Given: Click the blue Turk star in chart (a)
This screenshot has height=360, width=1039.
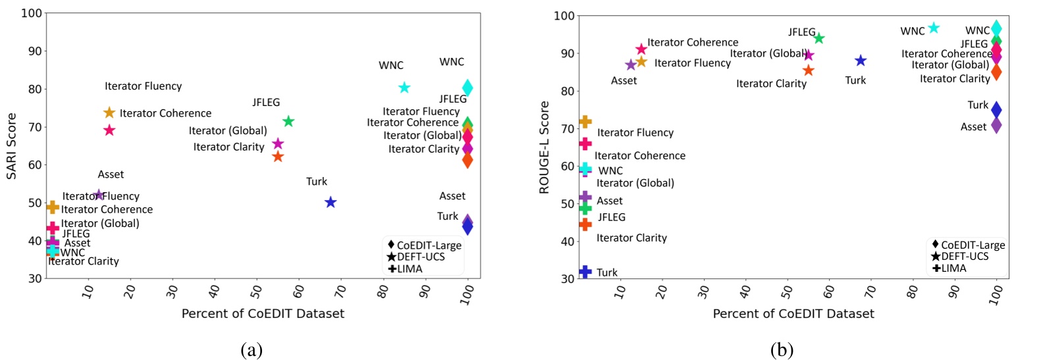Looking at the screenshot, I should [x=331, y=202].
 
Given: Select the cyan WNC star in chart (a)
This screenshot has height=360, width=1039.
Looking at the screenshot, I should [x=404, y=88].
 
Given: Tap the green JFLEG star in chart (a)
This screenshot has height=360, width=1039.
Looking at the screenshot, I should [x=288, y=121].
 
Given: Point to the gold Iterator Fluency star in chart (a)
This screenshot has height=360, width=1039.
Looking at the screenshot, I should [x=109, y=113].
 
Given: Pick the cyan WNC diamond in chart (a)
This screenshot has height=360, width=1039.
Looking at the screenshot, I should [x=467, y=88].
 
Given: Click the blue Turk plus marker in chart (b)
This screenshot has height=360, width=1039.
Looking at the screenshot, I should [x=585, y=271].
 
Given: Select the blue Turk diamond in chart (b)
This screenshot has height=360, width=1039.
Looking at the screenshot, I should [x=996, y=110].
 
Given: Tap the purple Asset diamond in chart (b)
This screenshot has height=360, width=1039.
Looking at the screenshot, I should [x=996, y=124].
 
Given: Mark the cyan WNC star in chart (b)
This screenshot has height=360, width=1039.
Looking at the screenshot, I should [x=934, y=28].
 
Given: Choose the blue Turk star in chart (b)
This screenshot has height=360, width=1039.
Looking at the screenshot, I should [x=861, y=61].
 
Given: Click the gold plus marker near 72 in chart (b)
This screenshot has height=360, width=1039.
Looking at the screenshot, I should [x=585, y=122].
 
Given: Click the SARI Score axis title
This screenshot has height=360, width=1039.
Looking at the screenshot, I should [x=11, y=146].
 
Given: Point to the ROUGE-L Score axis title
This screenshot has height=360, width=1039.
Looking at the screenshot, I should [x=544, y=147].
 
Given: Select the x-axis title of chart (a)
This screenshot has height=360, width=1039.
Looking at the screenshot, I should [x=263, y=314].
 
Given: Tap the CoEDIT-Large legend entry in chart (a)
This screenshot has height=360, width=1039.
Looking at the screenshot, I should [x=425, y=245].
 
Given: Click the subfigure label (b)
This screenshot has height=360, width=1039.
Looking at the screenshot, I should [x=782, y=349].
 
